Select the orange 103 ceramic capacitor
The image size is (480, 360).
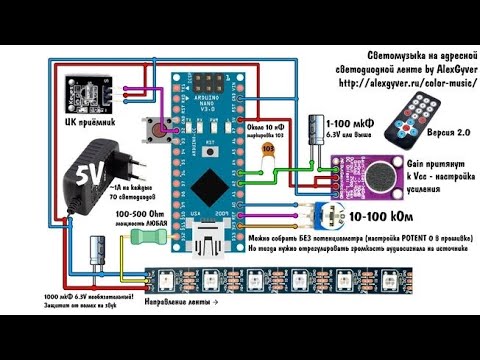(x=265, y=149)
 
